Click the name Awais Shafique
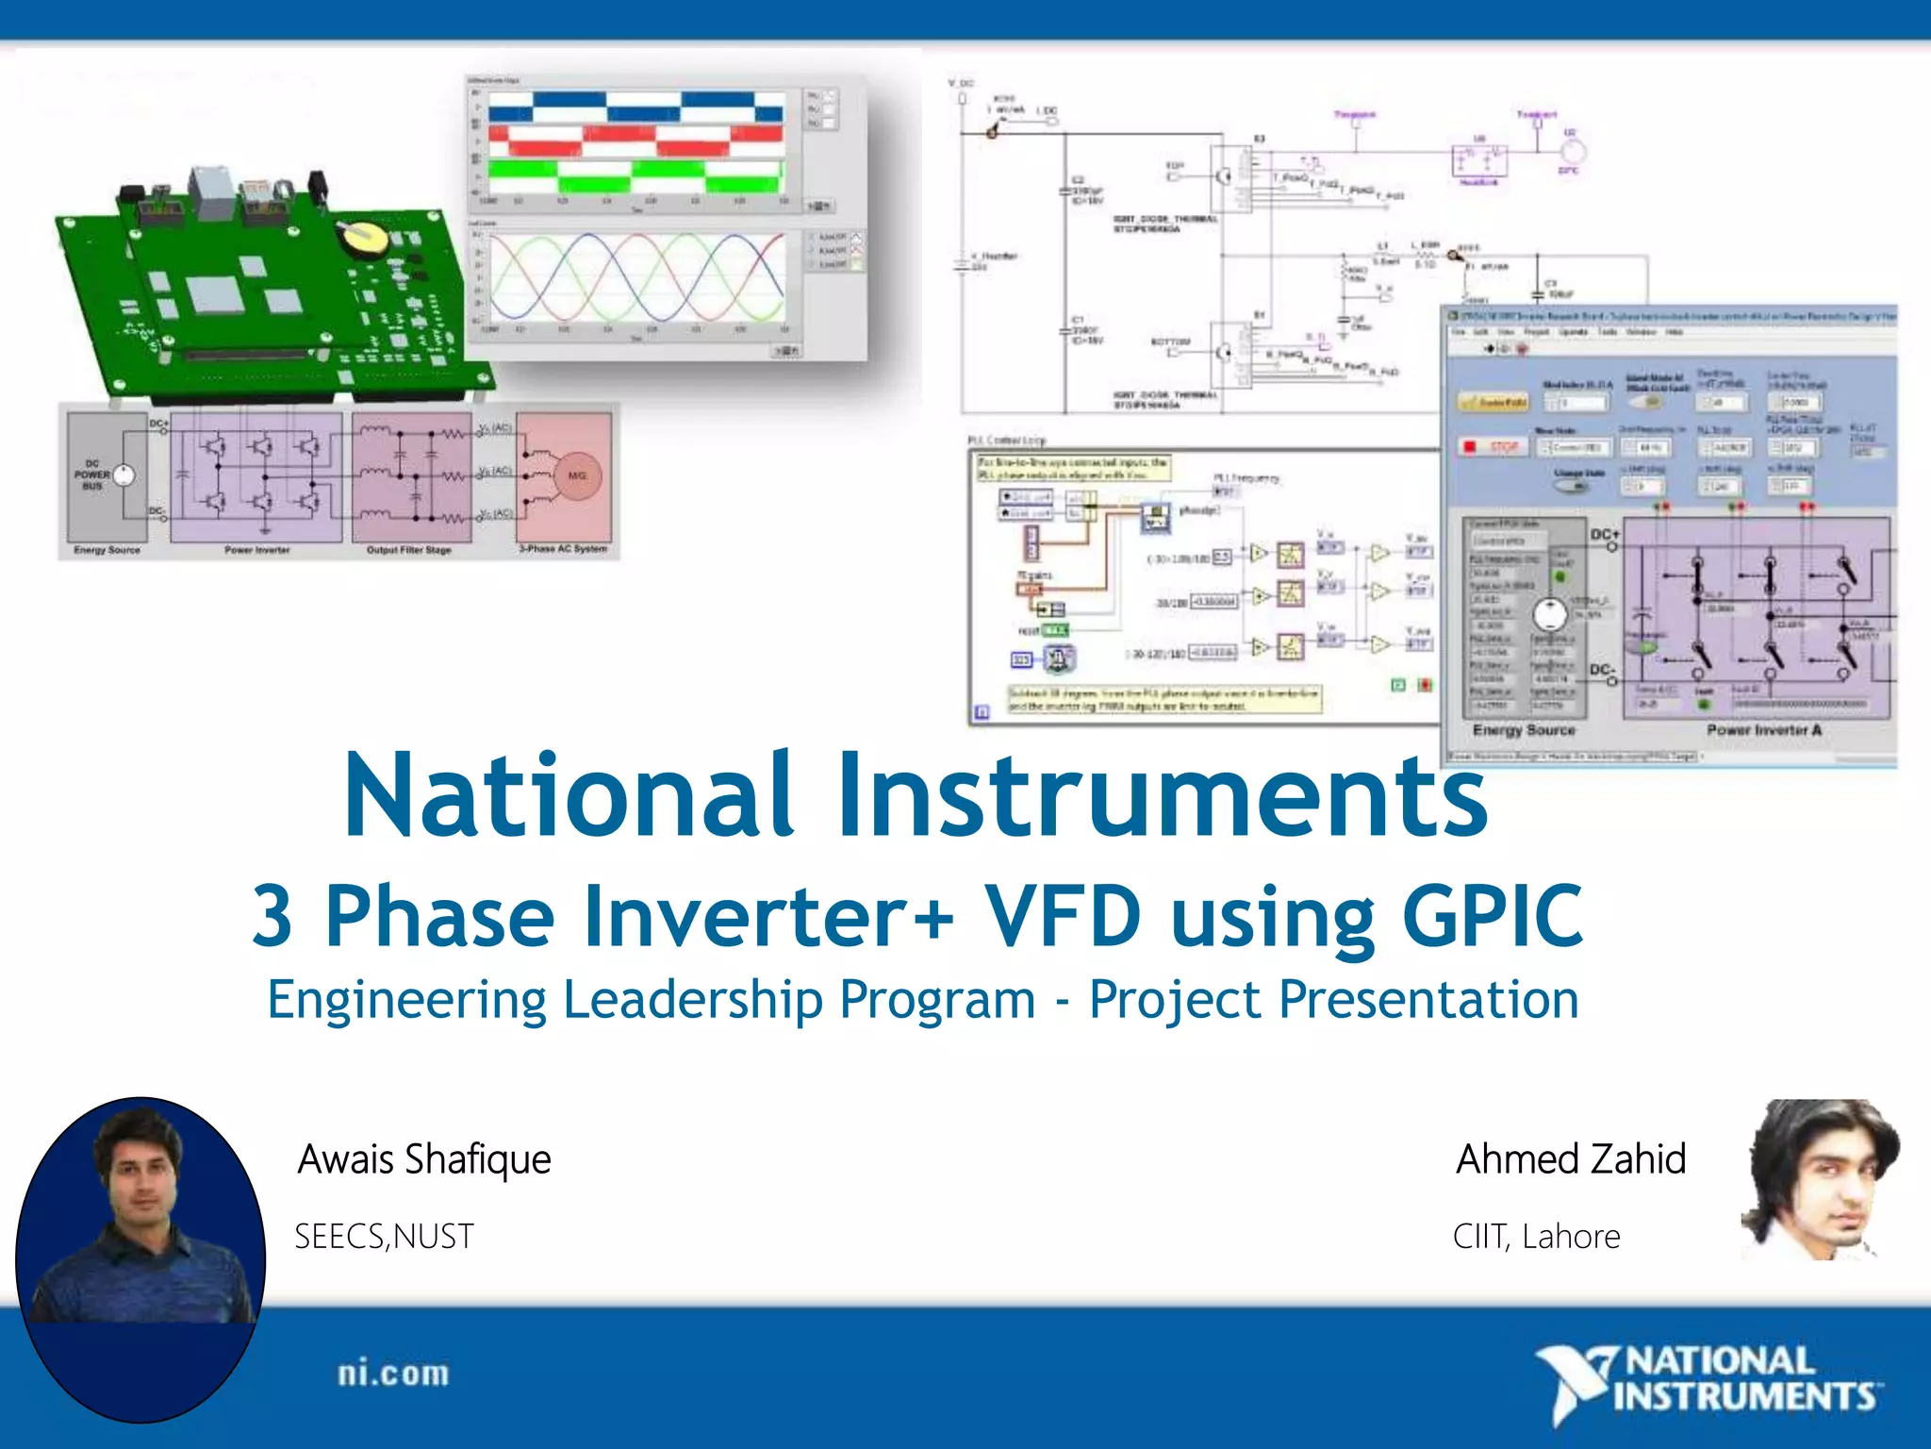(424, 1159)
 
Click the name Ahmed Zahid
(1571, 1159)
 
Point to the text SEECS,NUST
(384, 1237)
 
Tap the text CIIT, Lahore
(1536, 1237)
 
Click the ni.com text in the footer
(393, 1374)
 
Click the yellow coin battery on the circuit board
(362, 238)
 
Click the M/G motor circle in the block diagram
(576, 475)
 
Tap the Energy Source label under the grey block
(107, 550)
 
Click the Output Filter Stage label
(408, 550)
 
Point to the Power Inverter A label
(1763, 730)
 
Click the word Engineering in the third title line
(406, 1000)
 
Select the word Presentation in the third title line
(1428, 1000)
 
